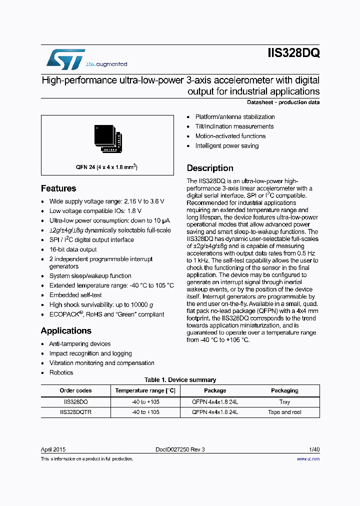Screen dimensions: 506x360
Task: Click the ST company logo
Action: point(65,59)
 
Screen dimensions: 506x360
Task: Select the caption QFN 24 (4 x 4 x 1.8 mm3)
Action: point(107,167)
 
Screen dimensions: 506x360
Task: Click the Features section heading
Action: point(58,188)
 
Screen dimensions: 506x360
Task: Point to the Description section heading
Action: point(210,168)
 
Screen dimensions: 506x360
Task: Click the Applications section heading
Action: point(66,331)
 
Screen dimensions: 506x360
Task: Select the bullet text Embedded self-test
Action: point(75,295)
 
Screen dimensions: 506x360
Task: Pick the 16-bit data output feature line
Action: point(73,249)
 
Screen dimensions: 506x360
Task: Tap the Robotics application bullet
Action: point(61,372)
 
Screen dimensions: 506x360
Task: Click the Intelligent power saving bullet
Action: point(227,146)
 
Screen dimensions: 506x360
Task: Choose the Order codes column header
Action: point(75,390)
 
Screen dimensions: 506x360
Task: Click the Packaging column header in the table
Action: point(284,390)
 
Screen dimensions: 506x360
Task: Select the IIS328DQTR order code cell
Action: point(75,412)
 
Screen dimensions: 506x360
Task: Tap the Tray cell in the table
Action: point(284,402)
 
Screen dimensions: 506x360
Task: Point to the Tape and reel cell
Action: point(284,412)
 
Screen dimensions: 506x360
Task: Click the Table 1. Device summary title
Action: point(180,380)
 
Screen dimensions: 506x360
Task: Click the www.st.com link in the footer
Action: point(308,458)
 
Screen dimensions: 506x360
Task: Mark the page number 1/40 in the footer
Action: point(313,449)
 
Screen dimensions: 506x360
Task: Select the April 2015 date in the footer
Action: point(53,449)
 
